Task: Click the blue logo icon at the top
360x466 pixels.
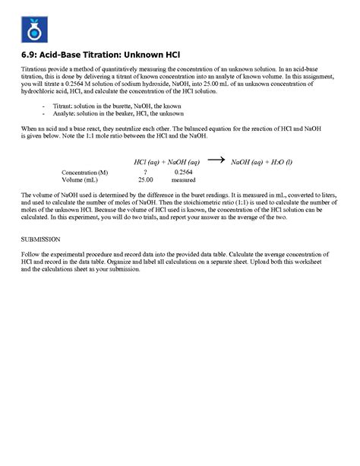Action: (x=32, y=30)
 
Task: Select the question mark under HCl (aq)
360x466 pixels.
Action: (x=144, y=173)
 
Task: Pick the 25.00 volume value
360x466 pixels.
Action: (x=145, y=180)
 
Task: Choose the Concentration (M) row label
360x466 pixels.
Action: (x=84, y=173)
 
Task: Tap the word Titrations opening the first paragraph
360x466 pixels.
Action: (x=36, y=69)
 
